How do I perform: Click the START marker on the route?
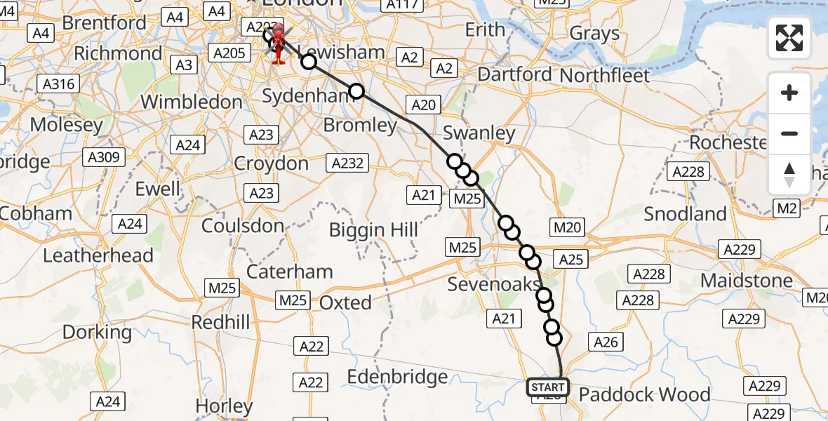coord(547,387)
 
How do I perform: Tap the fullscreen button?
coord(789,38)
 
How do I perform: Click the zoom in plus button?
coord(789,93)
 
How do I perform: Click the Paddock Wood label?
coord(644,394)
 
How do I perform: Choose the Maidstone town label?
coord(747,281)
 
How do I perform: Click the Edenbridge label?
coord(397,377)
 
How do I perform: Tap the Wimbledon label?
coord(191,102)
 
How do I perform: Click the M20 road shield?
coord(568,227)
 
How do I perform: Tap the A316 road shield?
coord(58,84)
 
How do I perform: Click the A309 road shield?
coord(102,158)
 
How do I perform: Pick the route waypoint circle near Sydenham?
coord(356,91)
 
